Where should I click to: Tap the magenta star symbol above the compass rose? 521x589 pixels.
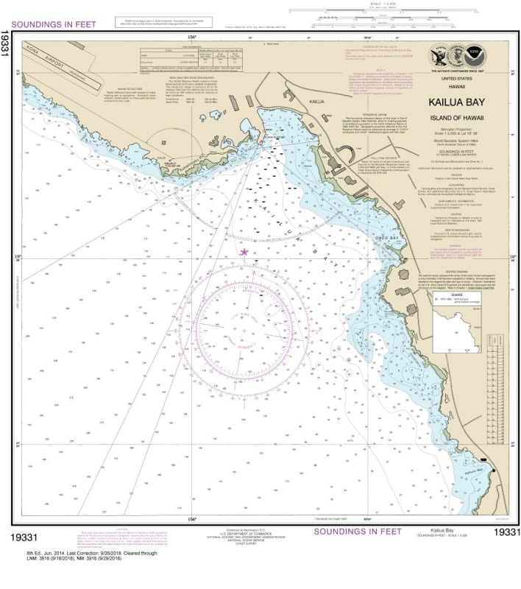244,253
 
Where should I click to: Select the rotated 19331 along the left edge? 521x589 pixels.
7,52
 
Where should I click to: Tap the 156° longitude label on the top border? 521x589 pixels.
191,36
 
